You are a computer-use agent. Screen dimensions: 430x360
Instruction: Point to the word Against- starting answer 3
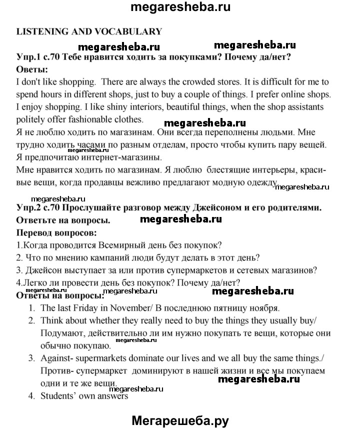pos(58,358)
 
